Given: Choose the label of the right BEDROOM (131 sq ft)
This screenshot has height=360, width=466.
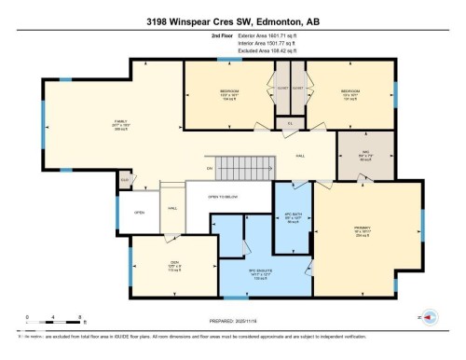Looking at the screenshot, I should [x=349, y=93].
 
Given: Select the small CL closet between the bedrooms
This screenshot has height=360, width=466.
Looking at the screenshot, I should [x=290, y=121].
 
